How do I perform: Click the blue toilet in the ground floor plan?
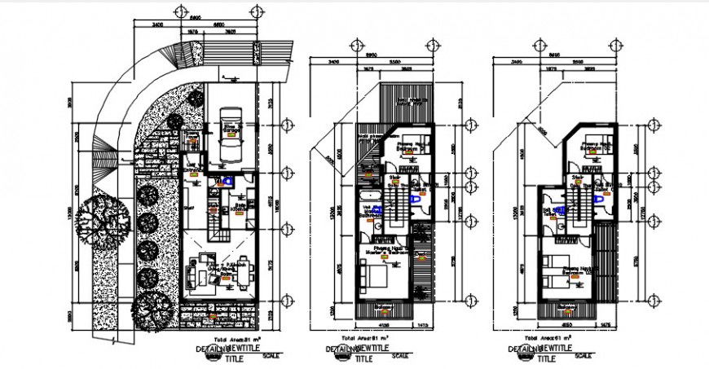230,181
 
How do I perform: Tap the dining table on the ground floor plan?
240,275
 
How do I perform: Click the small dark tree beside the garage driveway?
196,97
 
